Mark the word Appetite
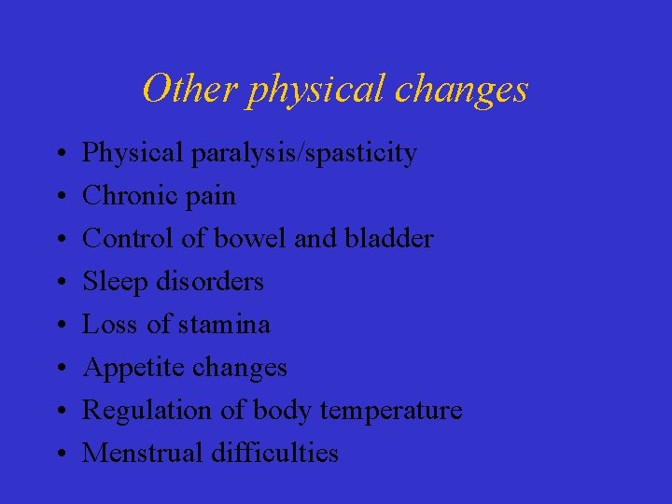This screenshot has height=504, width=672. (x=133, y=369)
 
